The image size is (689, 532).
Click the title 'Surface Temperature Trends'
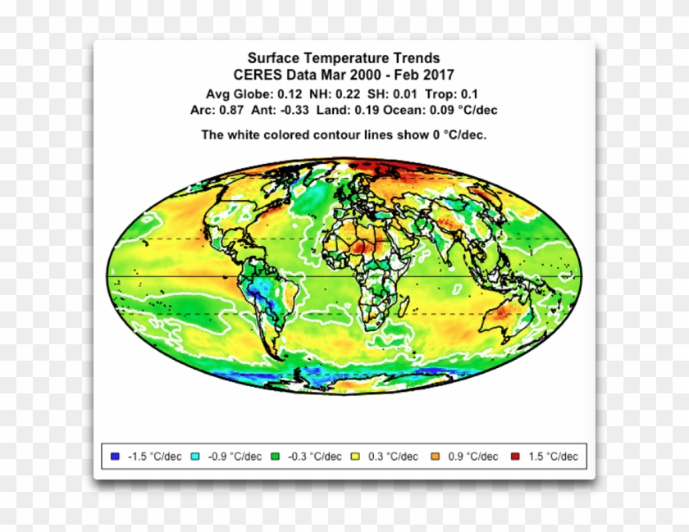point(344,58)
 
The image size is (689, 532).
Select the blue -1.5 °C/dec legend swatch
point(115,457)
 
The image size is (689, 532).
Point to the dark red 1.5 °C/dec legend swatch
point(515,457)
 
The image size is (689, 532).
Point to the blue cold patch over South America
point(264,289)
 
